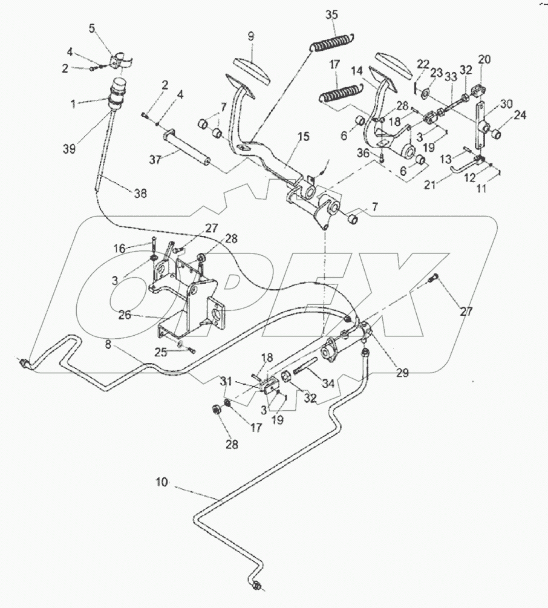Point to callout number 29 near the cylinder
coord(402,373)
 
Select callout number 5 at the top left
coord(91,28)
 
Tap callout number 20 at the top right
coord(484,59)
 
